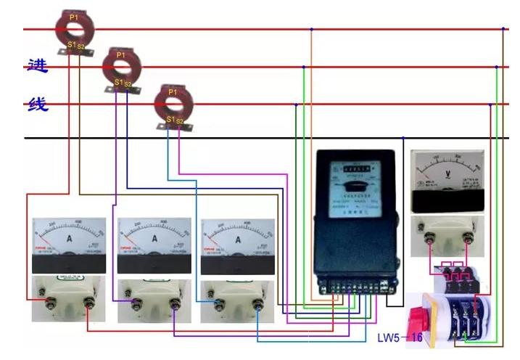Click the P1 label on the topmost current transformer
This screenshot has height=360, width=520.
[73, 16]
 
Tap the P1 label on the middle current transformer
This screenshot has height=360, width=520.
[120, 54]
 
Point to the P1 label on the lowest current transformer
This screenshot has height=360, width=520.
[172, 92]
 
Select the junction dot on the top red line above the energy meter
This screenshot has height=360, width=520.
[311, 29]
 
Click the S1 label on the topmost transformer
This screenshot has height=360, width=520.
[71, 45]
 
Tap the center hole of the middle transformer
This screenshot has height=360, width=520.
[120, 67]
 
